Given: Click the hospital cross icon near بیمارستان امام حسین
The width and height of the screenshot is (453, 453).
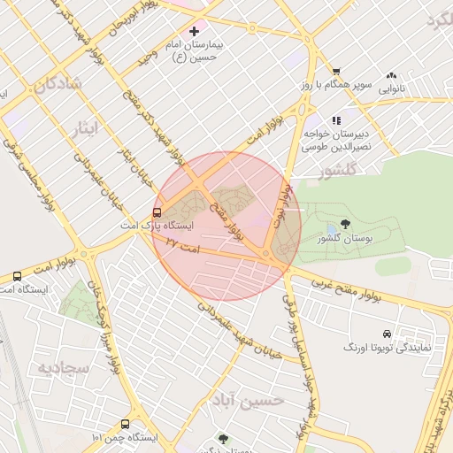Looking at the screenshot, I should click(x=194, y=31).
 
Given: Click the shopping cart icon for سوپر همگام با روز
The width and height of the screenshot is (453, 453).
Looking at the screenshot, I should click(x=336, y=72).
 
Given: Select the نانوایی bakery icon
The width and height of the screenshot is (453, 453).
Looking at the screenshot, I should click(x=391, y=76).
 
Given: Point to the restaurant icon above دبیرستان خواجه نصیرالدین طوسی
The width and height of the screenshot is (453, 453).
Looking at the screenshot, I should click(x=336, y=120).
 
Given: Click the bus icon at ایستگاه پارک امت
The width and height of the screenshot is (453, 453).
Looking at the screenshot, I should click(x=157, y=212).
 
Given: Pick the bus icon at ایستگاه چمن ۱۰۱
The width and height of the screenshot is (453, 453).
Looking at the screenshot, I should click(x=125, y=424).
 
